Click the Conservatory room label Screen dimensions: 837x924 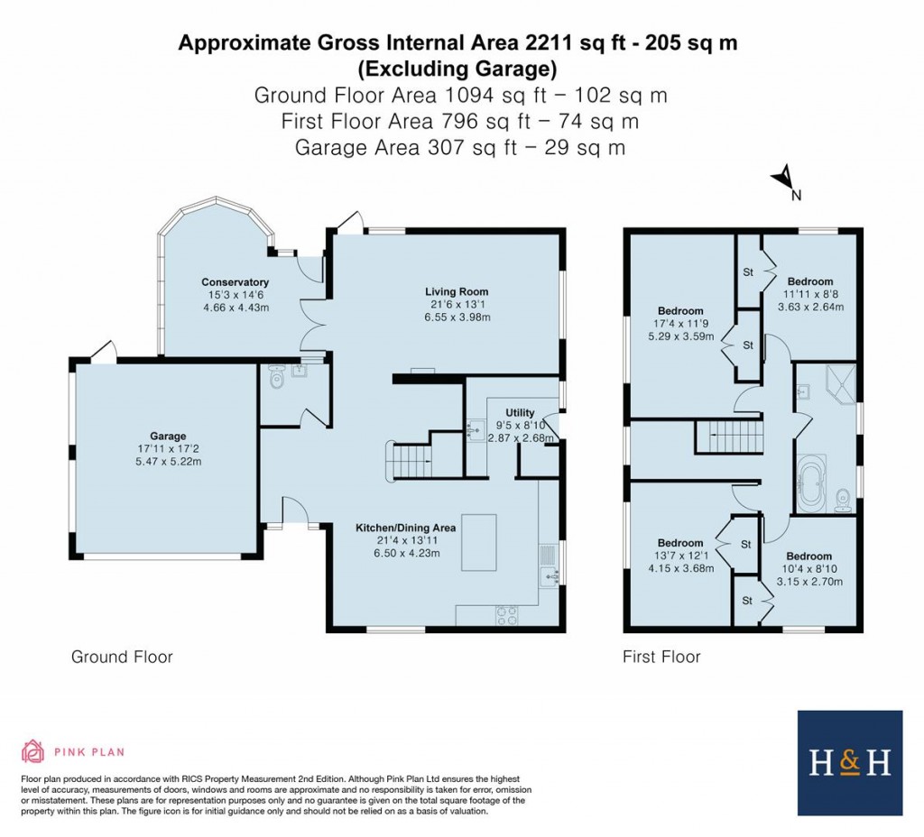click(235, 282)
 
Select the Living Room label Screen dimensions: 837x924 click(457, 291)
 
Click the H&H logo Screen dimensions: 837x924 click(849, 763)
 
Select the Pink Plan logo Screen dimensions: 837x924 click(73, 751)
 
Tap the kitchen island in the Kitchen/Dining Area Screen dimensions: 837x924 click(479, 542)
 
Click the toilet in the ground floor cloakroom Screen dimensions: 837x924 click(277, 379)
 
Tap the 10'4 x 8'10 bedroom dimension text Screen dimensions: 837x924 click(808, 569)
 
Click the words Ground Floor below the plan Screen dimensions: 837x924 click(122, 657)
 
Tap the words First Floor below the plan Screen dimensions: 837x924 click(661, 657)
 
